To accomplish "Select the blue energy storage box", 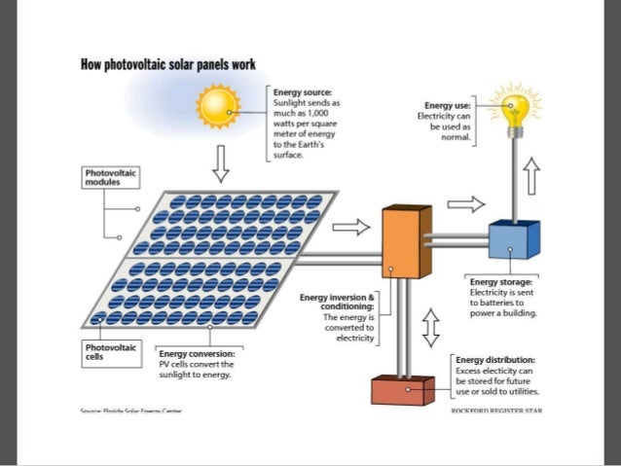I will [514, 239].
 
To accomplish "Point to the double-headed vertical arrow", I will [430, 328].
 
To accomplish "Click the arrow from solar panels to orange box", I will [351, 227].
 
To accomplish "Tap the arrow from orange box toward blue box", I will [466, 204].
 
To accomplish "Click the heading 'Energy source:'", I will [303, 91].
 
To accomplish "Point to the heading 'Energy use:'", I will [448, 105].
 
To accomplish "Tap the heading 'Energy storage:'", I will [500, 282].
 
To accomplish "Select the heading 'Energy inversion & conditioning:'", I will [337, 302].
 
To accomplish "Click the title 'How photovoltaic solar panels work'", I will [168, 64].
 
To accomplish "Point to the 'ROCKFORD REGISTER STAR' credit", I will [496, 412].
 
